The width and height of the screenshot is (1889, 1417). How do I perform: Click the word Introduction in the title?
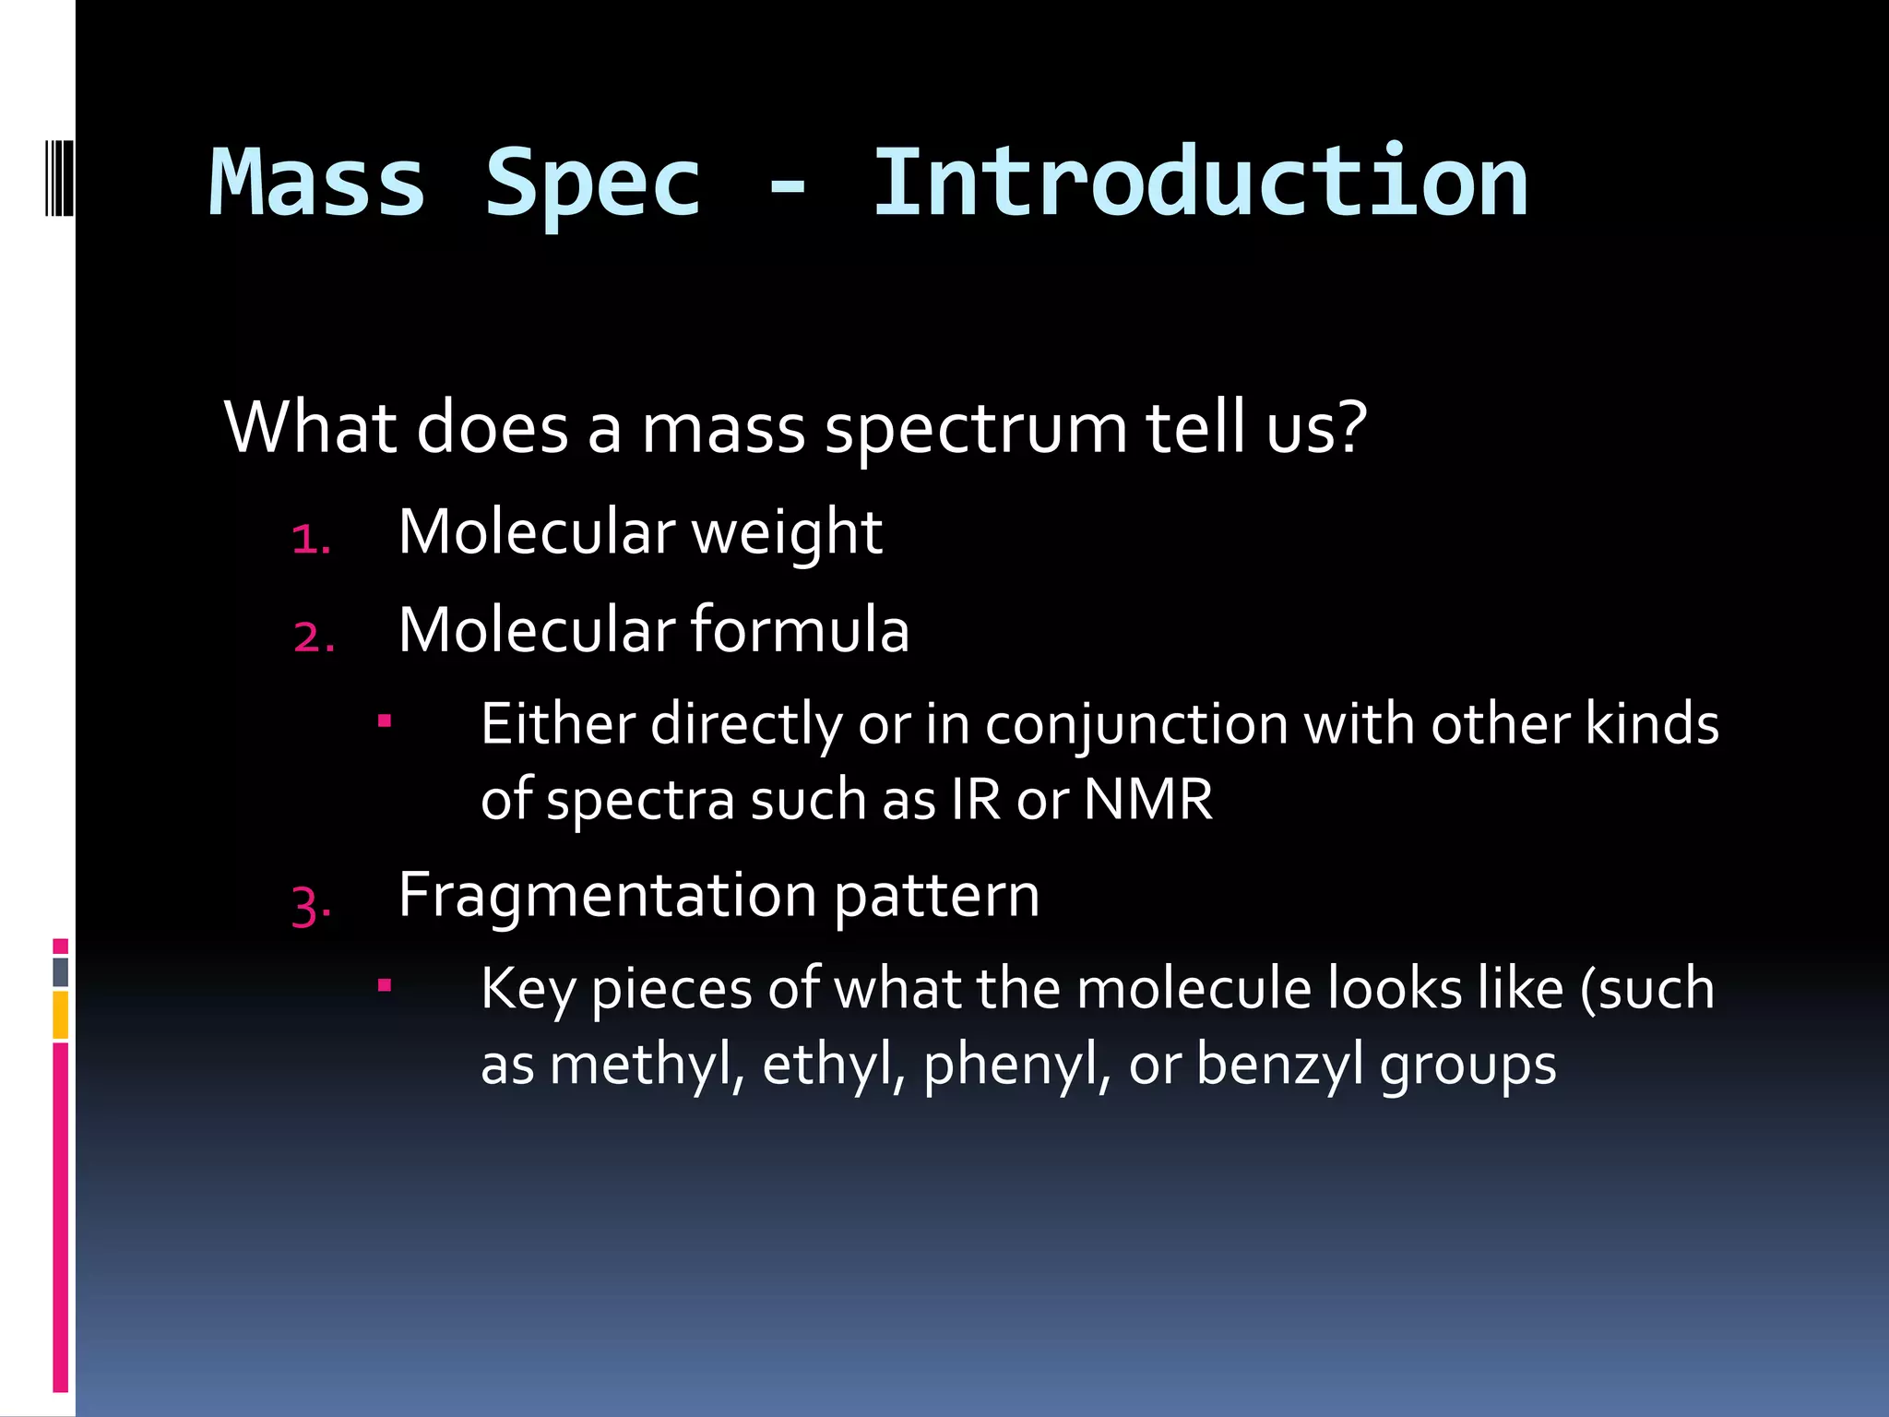pyautogui.click(x=1199, y=183)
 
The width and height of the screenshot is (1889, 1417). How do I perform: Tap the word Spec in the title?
pyautogui.click(x=593, y=185)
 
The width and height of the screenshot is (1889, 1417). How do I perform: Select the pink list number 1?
pyautogui.click(x=310, y=540)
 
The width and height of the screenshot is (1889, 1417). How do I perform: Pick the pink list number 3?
pyautogui.click(x=311, y=905)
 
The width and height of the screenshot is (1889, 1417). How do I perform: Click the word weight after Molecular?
pyautogui.click(x=787, y=533)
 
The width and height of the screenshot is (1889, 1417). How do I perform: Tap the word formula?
pyautogui.click(x=800, y=630)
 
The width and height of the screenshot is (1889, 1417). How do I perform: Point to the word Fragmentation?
pyautogui.click(x=607, y=896)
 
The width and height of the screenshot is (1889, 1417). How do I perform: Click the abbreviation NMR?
pyautogui.click(x=1147, y=799)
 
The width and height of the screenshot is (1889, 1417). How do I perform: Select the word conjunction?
pyautogui.click(x=1136, y=725)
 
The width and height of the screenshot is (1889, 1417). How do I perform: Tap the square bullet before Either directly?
pyautogui.click(x=385, y=720)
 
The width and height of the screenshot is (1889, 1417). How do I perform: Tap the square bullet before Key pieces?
pyautogui.click(x=385, y=986)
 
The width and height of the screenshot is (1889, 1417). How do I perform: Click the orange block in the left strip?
pyautogui.click(x=60, y=1015)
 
